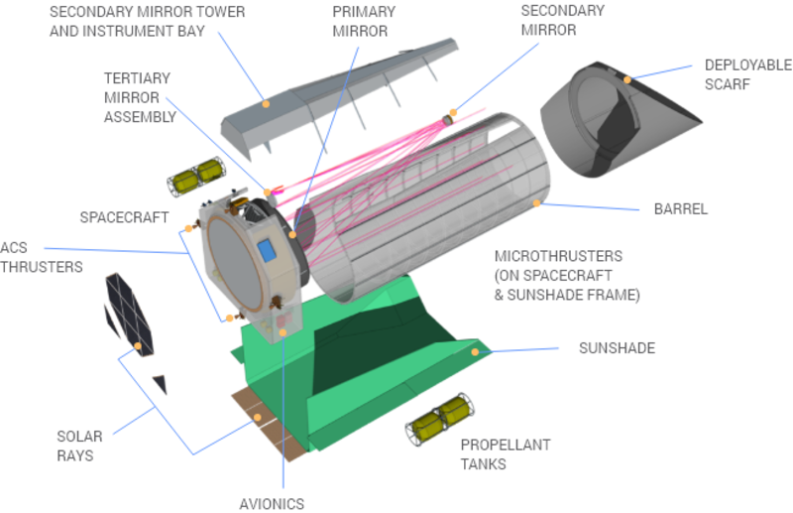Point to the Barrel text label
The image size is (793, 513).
coord(680,210)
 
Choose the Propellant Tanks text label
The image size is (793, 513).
coord(491,453)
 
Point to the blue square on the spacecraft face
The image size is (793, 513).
coord(265,249)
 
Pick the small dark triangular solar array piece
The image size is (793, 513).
coord(160,383)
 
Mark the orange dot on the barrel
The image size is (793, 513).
coord(537,203)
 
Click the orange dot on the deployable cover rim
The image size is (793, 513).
coord(625,76)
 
